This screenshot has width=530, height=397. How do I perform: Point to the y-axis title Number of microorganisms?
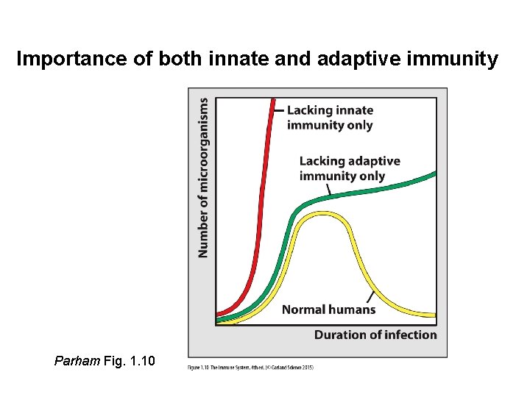point(202,178)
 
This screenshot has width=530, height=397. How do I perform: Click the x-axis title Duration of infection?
point(375,335)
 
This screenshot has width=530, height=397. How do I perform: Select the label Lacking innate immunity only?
point(330,118)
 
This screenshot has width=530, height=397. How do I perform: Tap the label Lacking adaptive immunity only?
point(350,168)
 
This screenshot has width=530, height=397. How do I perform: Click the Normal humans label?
point(328,310)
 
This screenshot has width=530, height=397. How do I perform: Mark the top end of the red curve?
point(274,101)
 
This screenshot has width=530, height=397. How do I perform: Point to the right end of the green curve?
point(434,174)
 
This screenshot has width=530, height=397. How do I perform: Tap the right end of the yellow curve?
point(434,315)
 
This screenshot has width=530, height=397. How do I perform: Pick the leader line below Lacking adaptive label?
point(329,190)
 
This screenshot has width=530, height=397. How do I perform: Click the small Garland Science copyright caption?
point(251,367)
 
